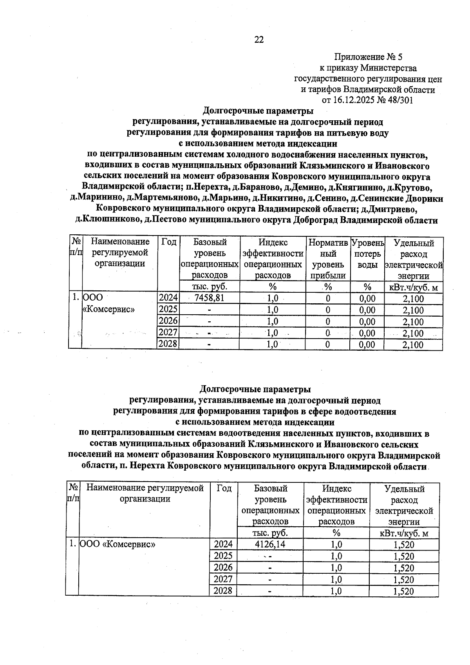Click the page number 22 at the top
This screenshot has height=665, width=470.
point(259,40)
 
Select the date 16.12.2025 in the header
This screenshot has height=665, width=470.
point(353,100)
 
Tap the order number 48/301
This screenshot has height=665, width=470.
point(399,100)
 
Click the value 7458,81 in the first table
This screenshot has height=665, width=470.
point(209,298)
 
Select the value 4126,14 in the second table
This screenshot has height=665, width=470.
point(270,544)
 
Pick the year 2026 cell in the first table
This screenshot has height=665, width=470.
point(168,321)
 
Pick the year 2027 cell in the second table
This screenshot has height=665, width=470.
point(223,579)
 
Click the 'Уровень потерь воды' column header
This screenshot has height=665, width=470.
point(367,254)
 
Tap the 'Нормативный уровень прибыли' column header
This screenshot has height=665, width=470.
point(328,259)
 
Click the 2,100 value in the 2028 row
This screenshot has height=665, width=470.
point(413,345)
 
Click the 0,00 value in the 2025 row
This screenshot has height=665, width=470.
point(367,310)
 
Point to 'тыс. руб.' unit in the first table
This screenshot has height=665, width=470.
point(209,287)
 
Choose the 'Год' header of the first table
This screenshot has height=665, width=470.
point(168,242)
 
